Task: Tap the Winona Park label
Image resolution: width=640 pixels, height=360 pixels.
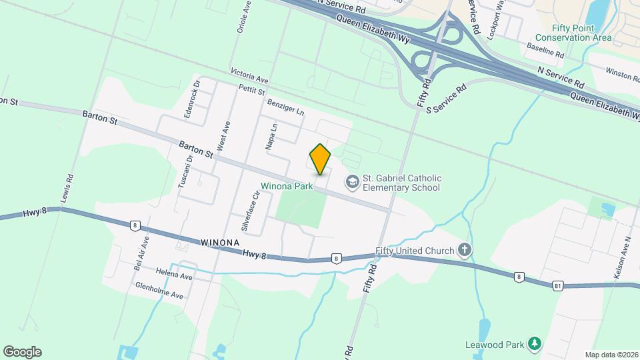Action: pos(287,187)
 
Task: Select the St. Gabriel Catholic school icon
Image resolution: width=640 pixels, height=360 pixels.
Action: pos(351,181)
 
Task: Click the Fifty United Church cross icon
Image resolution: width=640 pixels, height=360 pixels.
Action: pos(465,251)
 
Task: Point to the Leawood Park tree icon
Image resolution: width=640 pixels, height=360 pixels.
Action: pos(534,343)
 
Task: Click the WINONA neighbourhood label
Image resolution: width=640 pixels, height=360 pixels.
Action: pos(219,244)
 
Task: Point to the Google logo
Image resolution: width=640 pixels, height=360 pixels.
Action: pos(22,352)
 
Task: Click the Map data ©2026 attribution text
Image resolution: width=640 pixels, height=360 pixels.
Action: pos(611,355)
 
